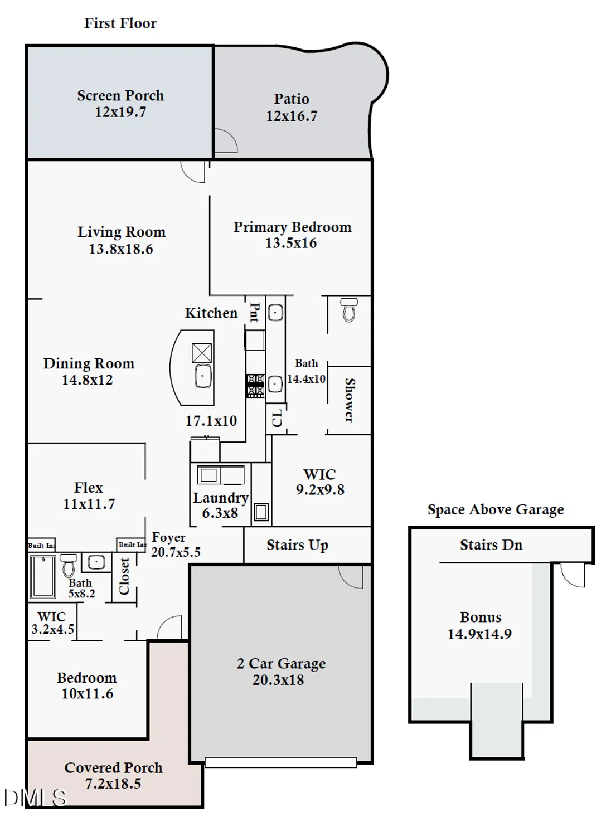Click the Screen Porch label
[120, 96]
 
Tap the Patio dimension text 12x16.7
[291, 116]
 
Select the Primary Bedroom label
[292, 227]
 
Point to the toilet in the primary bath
[349, 310]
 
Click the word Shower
[350, 400]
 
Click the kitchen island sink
[203, 376]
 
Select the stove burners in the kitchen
[255, 386]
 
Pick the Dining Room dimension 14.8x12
[87, 380]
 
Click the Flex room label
[89, 488]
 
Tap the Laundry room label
[220, 498]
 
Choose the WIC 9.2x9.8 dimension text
[320, 490]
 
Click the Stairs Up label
[297, 545]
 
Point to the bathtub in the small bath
[43, 576]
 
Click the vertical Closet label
[124, 576]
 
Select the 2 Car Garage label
[281, 664]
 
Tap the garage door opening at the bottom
[280, 762]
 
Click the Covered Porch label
[114, 768]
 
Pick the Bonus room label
[481, 618]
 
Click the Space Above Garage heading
[496, 509]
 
